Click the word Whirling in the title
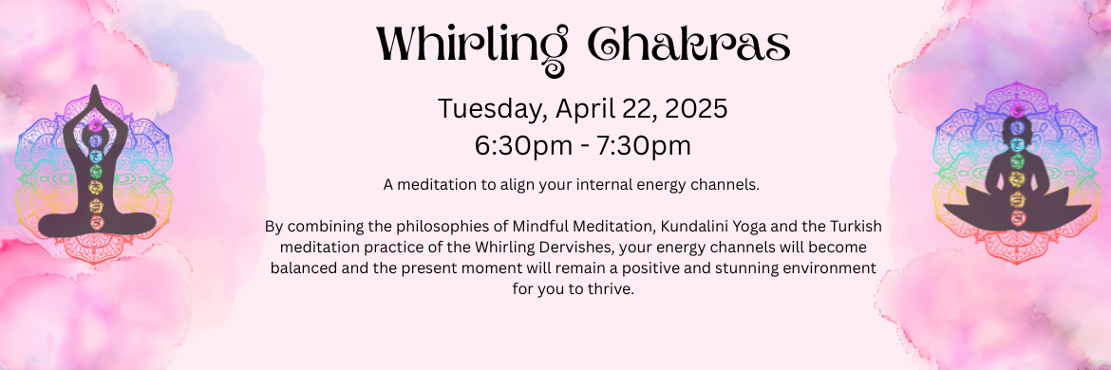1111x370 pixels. click(x=472, y=45)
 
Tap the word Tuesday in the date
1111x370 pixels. click(x=493, y=110)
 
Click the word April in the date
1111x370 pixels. click(x=579, y=110)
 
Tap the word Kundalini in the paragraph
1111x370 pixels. click(x=687, y=227)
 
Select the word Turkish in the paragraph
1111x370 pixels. click(x=858, y=227)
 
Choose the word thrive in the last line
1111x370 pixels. click(x=613, y=290)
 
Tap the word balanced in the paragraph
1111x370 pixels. click(x=298, y=268)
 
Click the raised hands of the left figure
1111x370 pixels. click(x=94, y=99)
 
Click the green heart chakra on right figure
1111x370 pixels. click(x=1017, y=162)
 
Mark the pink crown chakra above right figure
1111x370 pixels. click(x=1017, y=110)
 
